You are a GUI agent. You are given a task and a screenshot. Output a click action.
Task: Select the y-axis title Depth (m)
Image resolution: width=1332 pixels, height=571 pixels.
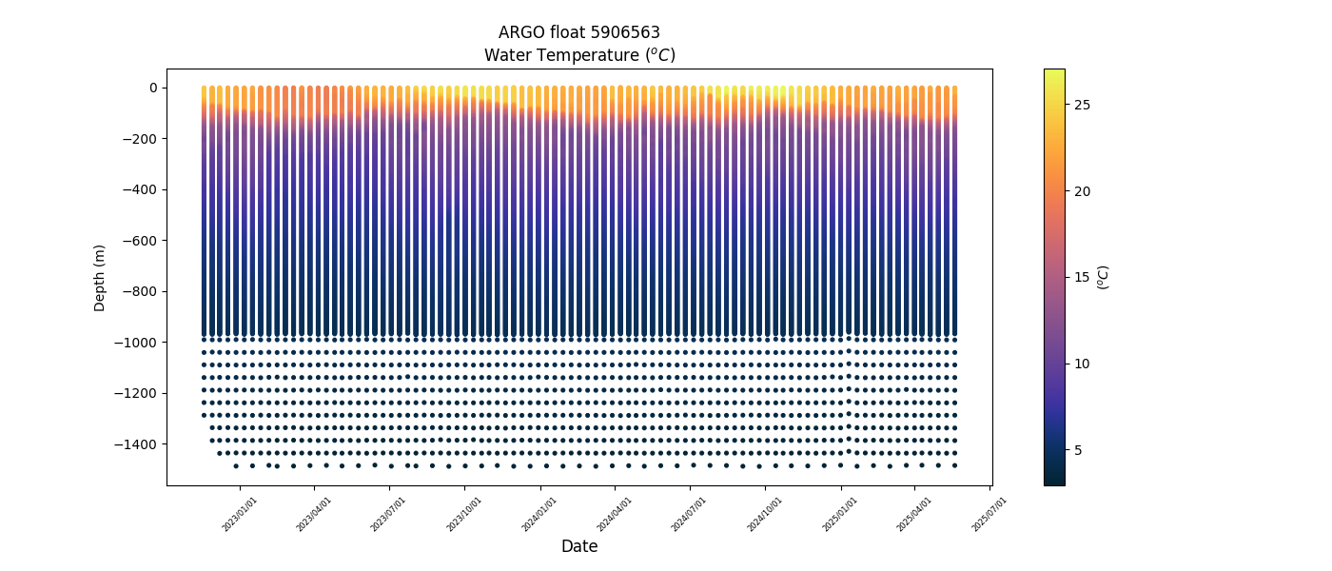pyautogui.click(x=100, y=277)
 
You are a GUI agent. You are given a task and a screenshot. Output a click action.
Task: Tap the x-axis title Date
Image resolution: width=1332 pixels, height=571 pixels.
pyautogui.click(x=579, y=546)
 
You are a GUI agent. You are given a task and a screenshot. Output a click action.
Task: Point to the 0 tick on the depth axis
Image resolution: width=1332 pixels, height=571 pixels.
pyautogui.click(x=152, y=88)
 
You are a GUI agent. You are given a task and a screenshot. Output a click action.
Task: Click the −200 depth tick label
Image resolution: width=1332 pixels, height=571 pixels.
pyautogui.click(x=141, y=139)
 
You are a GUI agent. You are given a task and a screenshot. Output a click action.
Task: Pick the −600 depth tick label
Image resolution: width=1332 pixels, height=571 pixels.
pyautogui.click(x=141, y=241)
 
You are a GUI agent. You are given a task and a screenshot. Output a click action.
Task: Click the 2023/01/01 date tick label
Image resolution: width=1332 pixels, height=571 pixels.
pyautogui.click(x=239, y=513)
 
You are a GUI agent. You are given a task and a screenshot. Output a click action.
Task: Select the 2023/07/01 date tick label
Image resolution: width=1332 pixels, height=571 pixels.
pyautogui.click(x=388, y=513)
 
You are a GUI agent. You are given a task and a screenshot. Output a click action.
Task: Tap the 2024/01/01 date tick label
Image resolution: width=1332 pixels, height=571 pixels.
pyautogui.click(x=539, y=513)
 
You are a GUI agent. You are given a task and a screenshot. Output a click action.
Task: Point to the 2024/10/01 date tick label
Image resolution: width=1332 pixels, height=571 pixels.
pyautogui.click(x=764, y=513)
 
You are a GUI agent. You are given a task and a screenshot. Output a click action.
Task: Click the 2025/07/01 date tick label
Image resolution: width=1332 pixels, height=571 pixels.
pyautogui.click(x=989, y=513)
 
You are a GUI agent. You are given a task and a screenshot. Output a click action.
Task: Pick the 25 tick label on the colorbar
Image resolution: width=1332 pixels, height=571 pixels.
pyautogui.click(x=1083, y=105)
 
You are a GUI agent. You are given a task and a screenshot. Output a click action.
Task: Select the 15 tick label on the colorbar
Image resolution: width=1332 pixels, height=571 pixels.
pyautogui.click(x=1083, y=277)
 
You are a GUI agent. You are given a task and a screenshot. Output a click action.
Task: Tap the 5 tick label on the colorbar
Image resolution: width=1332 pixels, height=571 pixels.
pyautogui.click(x=1079, y=450)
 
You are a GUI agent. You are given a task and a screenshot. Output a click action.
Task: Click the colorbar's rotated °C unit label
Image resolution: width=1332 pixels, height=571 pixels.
pyautogui.click(x=1104, y=277)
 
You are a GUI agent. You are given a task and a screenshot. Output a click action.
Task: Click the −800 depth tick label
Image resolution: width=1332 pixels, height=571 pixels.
pyautogui.click(x=141, y=291)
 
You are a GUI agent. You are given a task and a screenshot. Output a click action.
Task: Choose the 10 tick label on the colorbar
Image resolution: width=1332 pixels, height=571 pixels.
pyautogui.click(x=1083, y=364)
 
